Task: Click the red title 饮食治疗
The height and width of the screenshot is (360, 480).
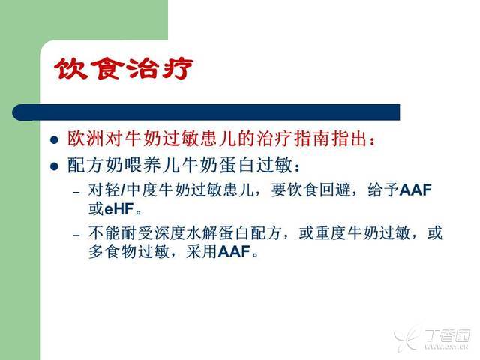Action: tap(124, 68)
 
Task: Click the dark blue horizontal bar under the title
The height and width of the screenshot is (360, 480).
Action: tap(206, 112)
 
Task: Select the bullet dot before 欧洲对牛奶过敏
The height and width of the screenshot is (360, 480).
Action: tap(54, 140)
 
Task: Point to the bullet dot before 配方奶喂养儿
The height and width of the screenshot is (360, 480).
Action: tap(54, 166)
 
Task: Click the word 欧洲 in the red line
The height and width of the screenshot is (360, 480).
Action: tap(85, 139)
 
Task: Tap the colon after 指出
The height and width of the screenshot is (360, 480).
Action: tap(373, 141)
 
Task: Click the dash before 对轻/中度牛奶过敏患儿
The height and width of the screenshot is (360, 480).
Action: tap(76, 193)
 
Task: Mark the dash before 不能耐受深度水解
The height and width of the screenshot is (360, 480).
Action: tap(76, 235)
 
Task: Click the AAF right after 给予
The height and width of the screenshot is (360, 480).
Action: tap(416, 190)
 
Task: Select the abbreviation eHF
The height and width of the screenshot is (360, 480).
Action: tap(119, 209)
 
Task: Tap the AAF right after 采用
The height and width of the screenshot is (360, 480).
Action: tap(235, 252)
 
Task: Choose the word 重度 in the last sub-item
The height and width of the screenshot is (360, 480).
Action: tap(331, 232)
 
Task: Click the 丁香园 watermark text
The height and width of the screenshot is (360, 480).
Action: tap(447, 335)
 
